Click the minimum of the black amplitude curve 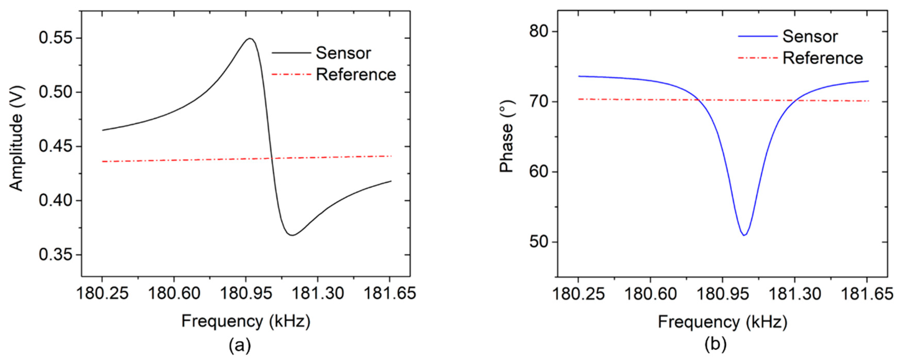[292, 235]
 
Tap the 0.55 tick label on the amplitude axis [56, 38]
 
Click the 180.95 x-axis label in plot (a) [246, 293]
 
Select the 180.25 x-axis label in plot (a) [102, 293]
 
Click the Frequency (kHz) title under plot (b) [722, 322]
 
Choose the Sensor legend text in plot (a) [343, 53]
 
